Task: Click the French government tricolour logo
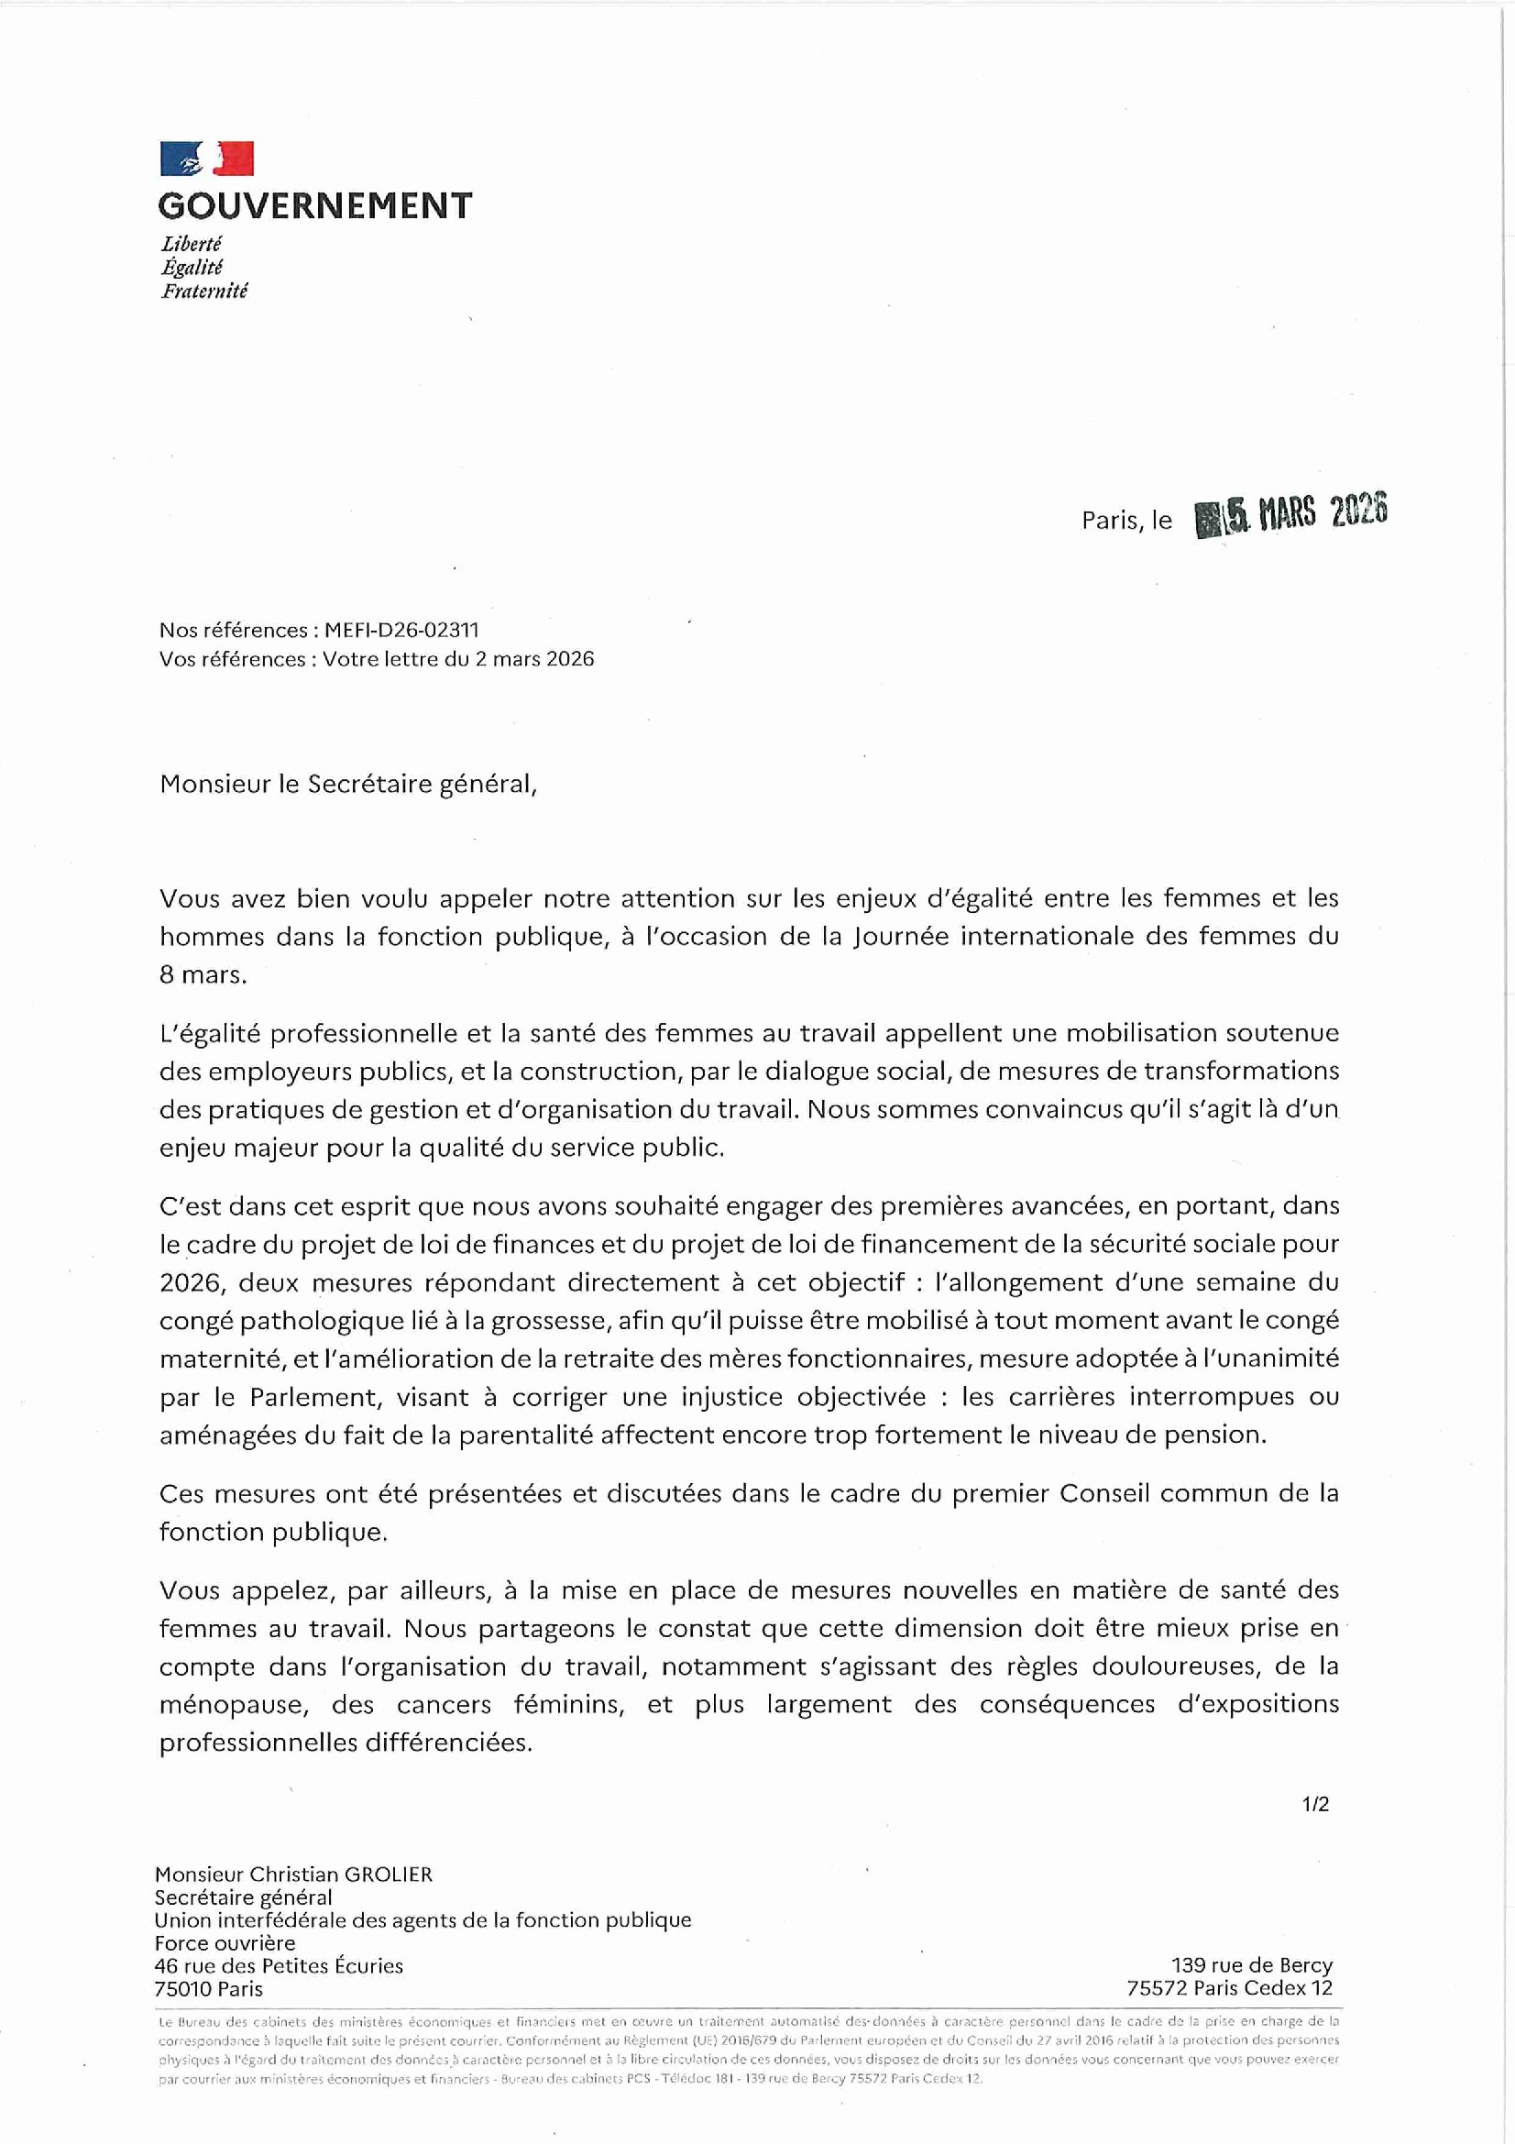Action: pos(206,159)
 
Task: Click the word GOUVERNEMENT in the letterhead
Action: pos(314,205)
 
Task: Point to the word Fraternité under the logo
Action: pos(203,291)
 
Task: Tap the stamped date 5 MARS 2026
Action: pos(1292,515)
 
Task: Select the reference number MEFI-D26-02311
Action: pos(401,631)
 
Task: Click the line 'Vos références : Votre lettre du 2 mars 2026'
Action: pos(376,659)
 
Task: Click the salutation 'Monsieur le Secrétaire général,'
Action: pos(348,785)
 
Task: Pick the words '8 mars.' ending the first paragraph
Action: pos(203,975)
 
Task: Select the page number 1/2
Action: pos(1315,1805)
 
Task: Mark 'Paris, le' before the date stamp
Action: pos(1125,521)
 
